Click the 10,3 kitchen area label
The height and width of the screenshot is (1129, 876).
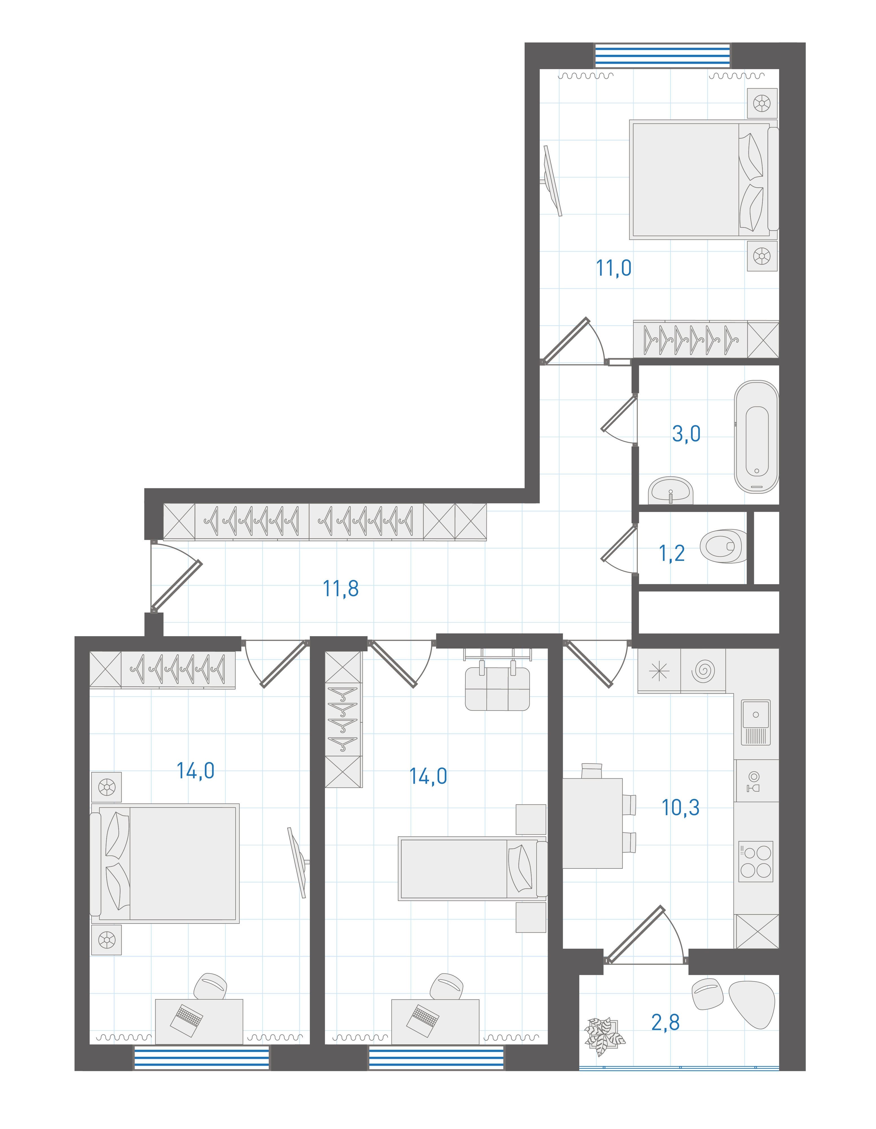point(681,807)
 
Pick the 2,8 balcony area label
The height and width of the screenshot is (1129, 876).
point(666,1022)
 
